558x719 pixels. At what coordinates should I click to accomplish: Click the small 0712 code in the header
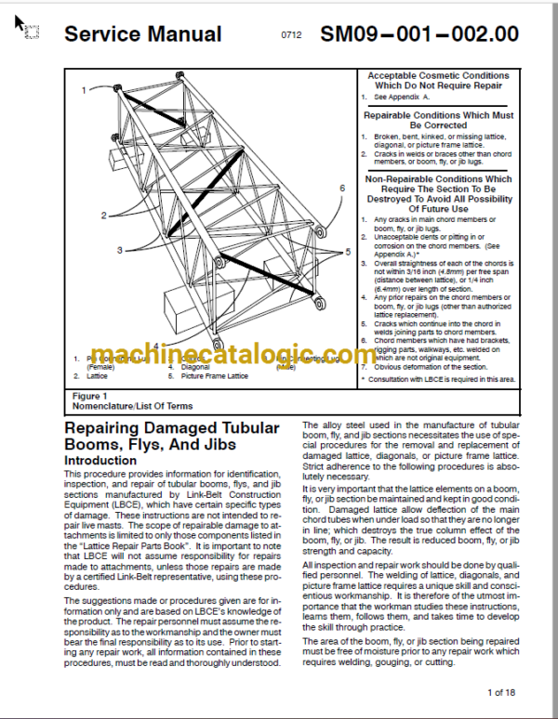[292, 35]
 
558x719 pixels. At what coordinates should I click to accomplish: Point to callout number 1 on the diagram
[83, 90]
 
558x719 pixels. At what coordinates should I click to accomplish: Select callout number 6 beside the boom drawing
[341, 189]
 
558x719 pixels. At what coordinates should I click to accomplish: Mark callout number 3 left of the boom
[119, 250]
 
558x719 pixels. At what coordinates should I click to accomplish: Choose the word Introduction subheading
[100, 461]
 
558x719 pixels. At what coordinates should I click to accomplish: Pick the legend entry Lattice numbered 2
[98, 376]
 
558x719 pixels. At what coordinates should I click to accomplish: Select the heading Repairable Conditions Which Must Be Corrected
[437, 120]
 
